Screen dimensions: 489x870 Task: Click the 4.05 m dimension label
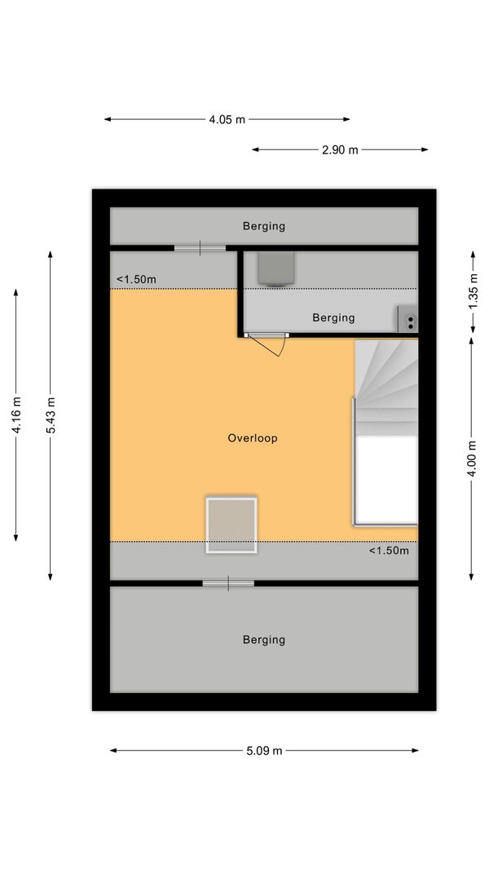[227, 119]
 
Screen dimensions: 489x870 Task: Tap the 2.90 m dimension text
[340, 150]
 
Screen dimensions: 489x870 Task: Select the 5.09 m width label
[264, 751]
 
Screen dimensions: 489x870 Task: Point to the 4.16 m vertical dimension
[16, 415]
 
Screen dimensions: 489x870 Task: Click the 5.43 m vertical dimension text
[51, 415]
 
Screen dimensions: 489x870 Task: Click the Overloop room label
[253, 438]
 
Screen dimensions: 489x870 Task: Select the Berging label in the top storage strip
[264, 226]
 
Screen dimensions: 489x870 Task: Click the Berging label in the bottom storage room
[264, 640]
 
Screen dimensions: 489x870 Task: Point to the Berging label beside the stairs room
[333, 318]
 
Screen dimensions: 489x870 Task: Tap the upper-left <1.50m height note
[136, 280]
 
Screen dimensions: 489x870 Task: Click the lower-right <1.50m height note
[389, 551]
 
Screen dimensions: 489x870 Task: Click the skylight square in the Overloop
[231, 525]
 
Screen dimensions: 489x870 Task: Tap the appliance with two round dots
[408, 320]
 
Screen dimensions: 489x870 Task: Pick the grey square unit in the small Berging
[275, 269]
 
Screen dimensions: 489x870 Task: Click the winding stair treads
[386, 388]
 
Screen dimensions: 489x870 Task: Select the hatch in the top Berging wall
[200, 249]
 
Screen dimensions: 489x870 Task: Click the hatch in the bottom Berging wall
[228, 584]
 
